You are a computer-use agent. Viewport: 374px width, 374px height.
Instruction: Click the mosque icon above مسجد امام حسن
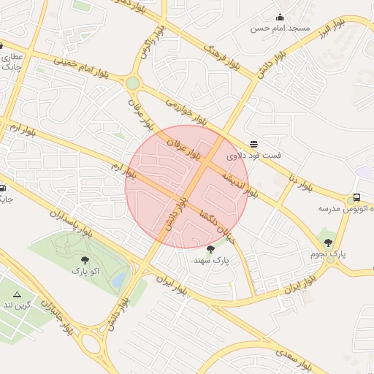click(x=280, y=17)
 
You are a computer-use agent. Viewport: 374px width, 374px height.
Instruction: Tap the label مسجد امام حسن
click(x=280, y=28)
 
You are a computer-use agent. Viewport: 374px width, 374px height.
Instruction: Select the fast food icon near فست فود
click(x=253, y=144)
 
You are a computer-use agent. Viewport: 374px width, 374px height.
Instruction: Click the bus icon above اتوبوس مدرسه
click(x=356, y=197)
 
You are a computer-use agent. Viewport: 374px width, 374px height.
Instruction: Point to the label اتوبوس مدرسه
click(x=341, y=209)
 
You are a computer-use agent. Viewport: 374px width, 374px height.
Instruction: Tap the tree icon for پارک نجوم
click(x=327, y=242)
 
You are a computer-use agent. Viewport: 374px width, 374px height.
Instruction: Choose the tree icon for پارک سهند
click(x=211, y=249)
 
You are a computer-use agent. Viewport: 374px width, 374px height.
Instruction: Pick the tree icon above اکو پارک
click(x=85, y=259)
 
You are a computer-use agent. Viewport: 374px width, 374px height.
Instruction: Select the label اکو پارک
click(x=83, y=271)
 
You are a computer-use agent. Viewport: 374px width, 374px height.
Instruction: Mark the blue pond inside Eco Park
click(x=119, y=278)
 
